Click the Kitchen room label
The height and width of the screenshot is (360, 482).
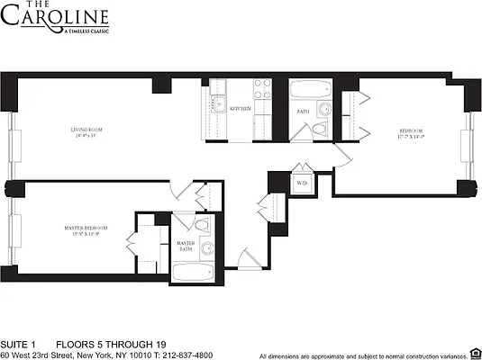[x=240, y=109]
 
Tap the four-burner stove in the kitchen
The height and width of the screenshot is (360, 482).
[x=263, y=89]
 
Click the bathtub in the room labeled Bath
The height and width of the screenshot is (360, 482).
[x=311, y=91]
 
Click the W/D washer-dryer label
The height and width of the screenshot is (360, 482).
[x=302, y=184]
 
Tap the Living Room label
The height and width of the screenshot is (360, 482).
[x=87, y=131]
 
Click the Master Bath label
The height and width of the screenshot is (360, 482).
[x=186, y=244]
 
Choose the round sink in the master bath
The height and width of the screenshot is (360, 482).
[x=208, y=249]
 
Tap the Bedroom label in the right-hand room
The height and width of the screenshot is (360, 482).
[x=411, y=134]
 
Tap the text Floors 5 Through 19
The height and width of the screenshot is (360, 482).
[x=98, y=344]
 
